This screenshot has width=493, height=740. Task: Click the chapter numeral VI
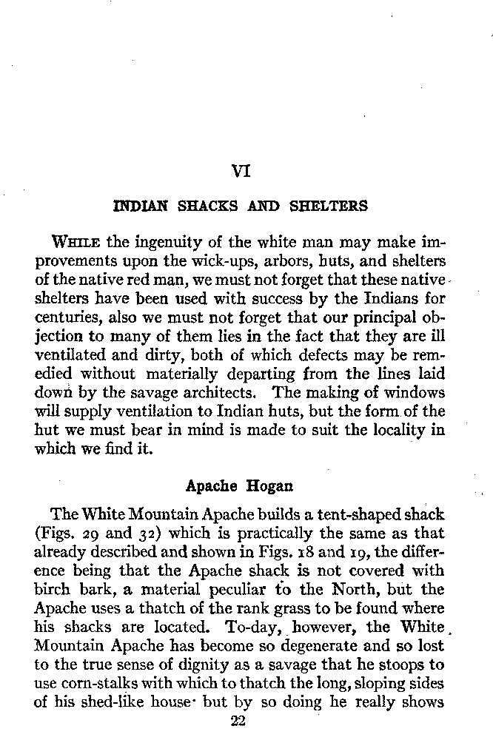(241, 172)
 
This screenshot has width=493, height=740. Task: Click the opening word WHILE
(78, 243)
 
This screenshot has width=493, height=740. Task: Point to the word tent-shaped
(351, 513)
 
